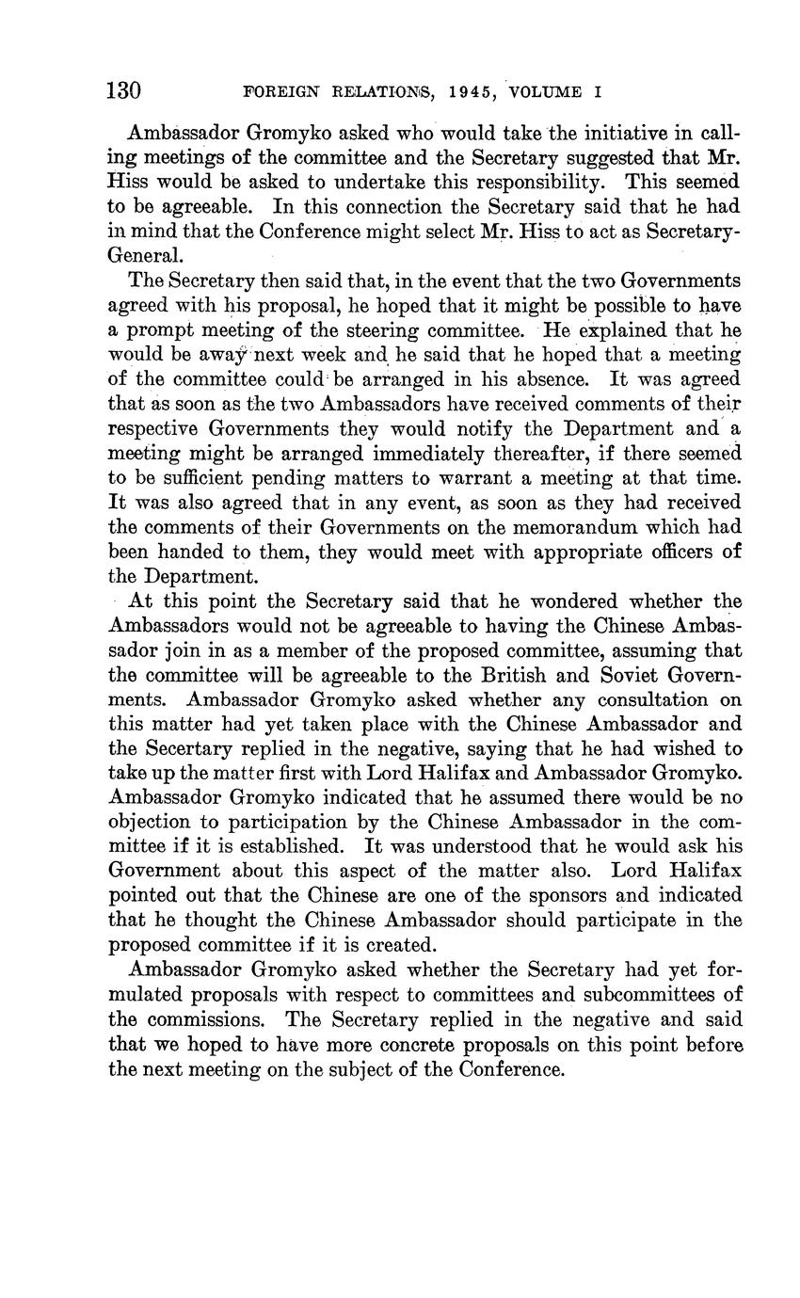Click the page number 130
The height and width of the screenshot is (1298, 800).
(123, 91)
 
